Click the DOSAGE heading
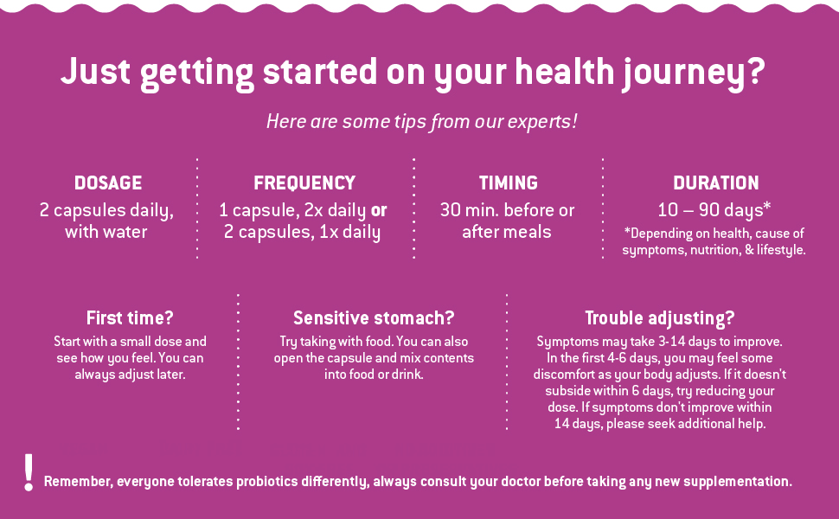(108, 183)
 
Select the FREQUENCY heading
(304, 183)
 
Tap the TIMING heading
(509, 183)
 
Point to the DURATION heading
(716, 183)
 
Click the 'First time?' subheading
(130, 317)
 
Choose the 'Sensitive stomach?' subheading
(374, 317)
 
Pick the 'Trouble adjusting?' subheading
(660, 318)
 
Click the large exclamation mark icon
(29, 472)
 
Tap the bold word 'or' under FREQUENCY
(379, 210)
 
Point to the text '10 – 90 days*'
(714, 209)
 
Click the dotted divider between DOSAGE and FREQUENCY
(197, 208)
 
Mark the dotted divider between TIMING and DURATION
(603, 208)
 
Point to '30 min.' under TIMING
(470, 210)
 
